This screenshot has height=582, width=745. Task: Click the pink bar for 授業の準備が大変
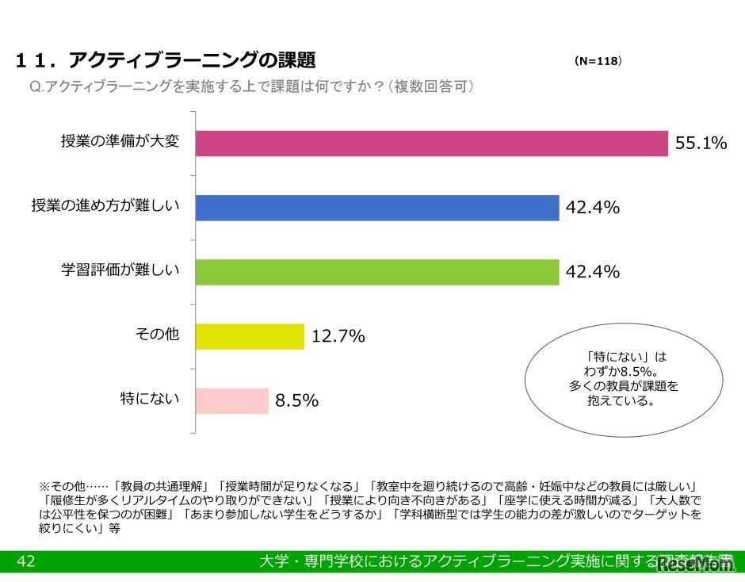432,144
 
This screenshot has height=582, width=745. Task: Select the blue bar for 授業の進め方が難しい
377,208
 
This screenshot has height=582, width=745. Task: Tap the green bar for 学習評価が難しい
377,272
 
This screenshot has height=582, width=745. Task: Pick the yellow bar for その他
250,336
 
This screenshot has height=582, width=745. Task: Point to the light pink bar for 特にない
231,400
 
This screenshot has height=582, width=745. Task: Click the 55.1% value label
701,144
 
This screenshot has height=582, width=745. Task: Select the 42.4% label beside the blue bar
592,209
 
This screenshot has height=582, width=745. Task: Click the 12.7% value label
338,337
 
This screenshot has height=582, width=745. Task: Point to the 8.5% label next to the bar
296,401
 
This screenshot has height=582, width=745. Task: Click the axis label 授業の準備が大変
120,141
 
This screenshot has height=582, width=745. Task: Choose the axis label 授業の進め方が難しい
105,206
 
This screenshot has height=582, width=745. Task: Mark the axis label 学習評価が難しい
120,270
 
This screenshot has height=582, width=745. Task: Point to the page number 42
25,561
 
